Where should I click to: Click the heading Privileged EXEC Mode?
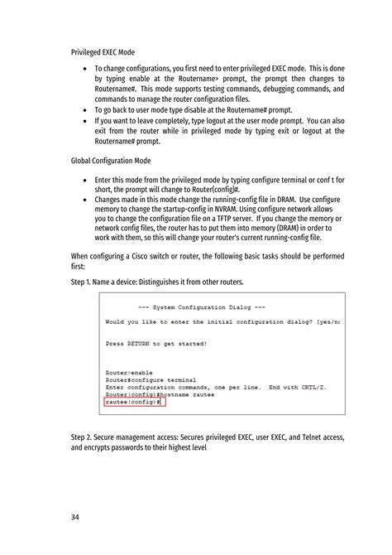pos(103,52)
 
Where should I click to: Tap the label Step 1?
pos(85,282)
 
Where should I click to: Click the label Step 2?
pos(85,437)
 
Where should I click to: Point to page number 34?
pos(76,519)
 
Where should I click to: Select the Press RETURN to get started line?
pos(156,342)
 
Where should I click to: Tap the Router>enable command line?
pos(128,373)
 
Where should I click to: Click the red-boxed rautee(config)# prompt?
pos(132,402)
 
